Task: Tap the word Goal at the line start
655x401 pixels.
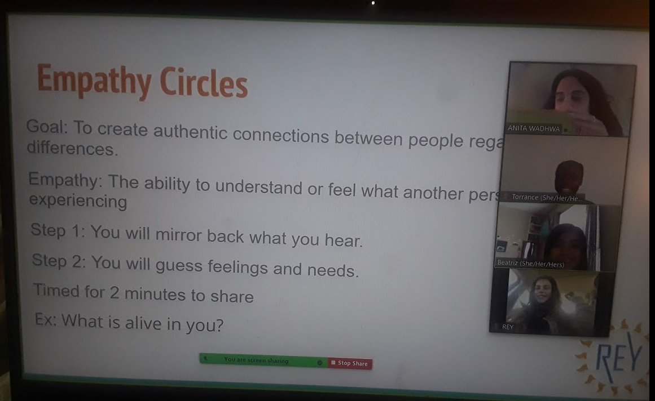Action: (x=46, y=127)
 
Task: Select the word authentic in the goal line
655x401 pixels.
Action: (x=191, y=133)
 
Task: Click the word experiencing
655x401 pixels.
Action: (x=78, y=200)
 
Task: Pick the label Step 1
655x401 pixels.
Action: (x=56, y=231)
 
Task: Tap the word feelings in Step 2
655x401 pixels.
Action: (x=238, y=266)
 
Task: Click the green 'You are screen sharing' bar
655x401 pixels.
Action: (x=257, y=360)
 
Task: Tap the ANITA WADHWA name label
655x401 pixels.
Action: (x=534, y=128)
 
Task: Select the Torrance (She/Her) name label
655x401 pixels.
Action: (x=546, y=197)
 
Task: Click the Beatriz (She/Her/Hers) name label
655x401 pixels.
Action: (x=530, y=263)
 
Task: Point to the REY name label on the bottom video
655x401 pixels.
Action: (x=508, y=327)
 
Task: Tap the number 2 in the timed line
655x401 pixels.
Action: (x=115, y=293)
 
